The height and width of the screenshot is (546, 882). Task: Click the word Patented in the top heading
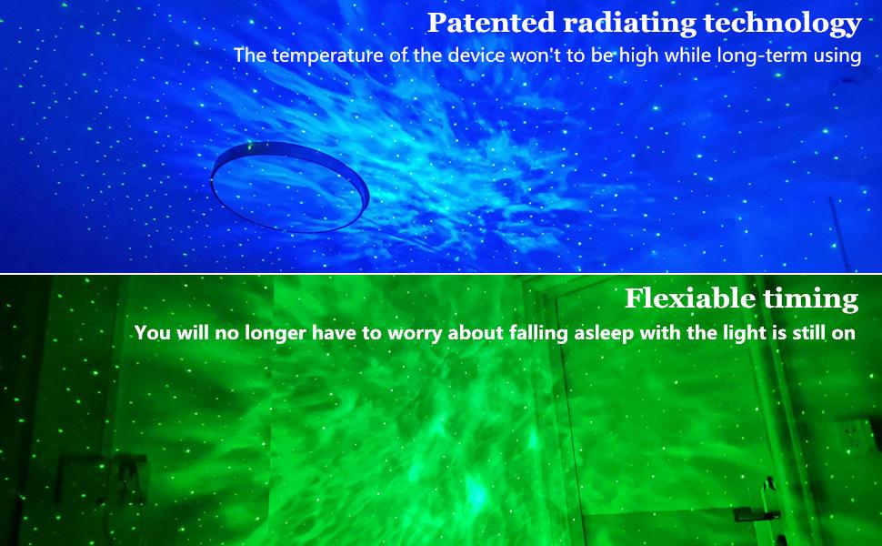click(x=492, y=23)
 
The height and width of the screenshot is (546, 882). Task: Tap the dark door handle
click(x=759, y=514)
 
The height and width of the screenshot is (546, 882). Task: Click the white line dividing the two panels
click(x=441, y=274)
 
